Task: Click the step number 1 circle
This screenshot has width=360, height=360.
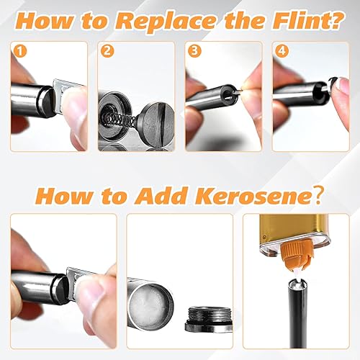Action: coord(20,51)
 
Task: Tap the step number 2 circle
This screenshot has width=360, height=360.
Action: coord(107,51)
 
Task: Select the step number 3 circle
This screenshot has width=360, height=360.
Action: coord(194,51)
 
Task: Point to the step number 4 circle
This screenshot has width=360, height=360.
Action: coord(282,51)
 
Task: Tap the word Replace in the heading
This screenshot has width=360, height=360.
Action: coord(165,21)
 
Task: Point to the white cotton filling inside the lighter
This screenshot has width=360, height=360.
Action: coord(149,303)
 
